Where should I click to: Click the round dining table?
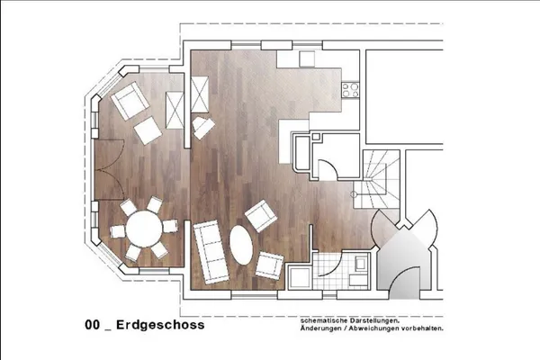142,229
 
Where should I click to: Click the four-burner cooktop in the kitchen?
349,89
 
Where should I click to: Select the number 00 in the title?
92,325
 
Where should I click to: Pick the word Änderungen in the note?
321,328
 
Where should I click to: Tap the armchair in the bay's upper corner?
130,101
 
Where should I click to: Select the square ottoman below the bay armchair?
148,132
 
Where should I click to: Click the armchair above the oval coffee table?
261,215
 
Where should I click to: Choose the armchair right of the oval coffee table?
270,265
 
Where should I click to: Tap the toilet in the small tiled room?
360,265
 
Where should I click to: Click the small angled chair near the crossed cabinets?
204,127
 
